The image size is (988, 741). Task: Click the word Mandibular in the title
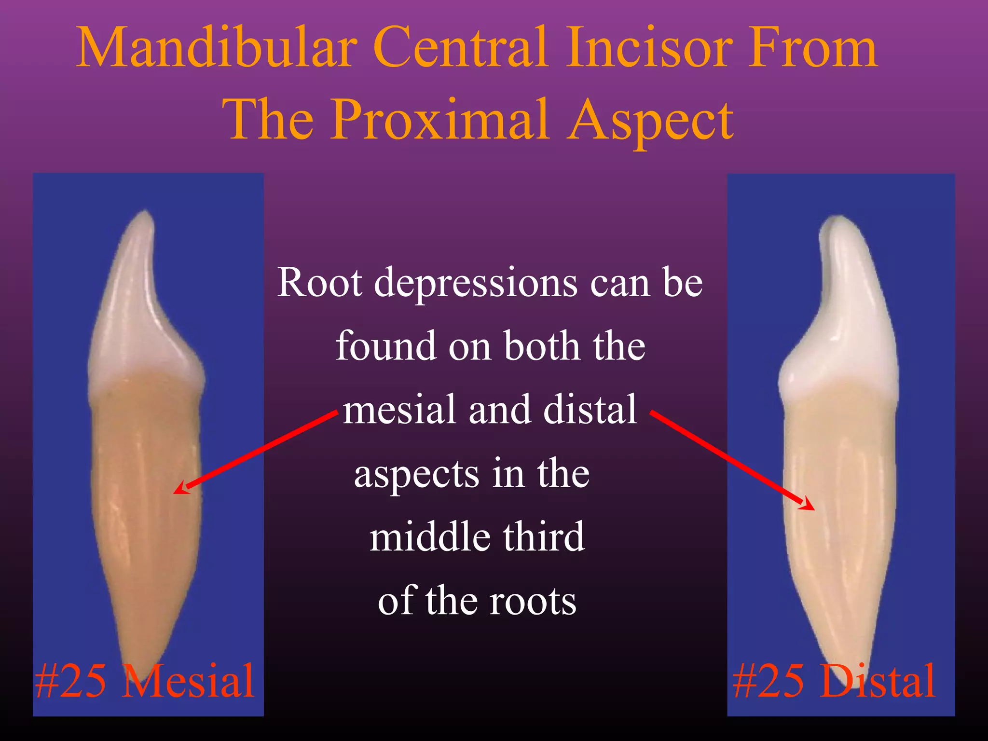(x=217, y=48)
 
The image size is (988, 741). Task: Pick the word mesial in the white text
(x=399, y=410)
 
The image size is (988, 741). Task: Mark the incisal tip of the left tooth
(x=145, y=212)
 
